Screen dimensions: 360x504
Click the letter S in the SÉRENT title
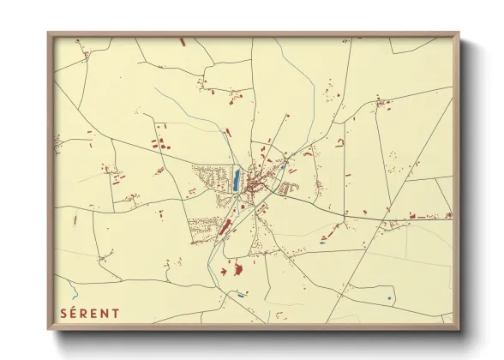pyautogui.click(x=63, y=313)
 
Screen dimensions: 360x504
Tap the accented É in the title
pyautogui.click(x=75, y=313)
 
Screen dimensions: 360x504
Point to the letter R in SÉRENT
pyautogui.click(x=86, y=313)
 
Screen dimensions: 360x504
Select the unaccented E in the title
pyautogui.click(x=96, y=313)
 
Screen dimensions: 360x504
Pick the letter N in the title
pyautogui.click(x=106, y=313)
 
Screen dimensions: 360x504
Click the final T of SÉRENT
pyautogui.click(x=117, y=313)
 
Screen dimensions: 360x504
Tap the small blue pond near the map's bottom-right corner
pyautogui.click(x=389, y=298)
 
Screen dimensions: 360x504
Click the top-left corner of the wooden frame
pyautogui.click(x=48, y=33)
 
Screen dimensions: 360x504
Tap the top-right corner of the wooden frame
pyautogui.click(x=459, y=33)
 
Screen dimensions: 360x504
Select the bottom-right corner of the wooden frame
pyautogui.click(x=459, y=329)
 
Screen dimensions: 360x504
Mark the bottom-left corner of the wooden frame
pyautogui.click(x=48, y=329)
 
